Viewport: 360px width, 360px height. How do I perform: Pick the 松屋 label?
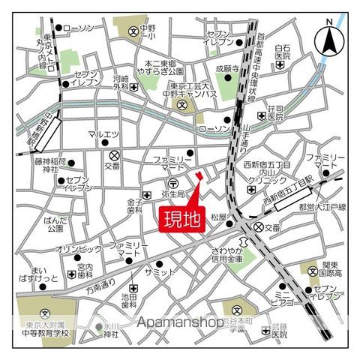coord(217,217)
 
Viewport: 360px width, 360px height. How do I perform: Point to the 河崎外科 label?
coord(121,82)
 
